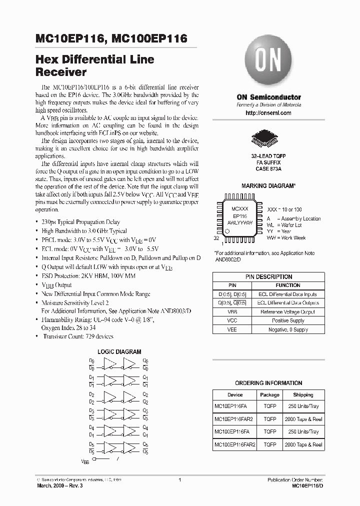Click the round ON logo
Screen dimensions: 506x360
point(268,64)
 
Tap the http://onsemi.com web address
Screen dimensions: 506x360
point(268,113)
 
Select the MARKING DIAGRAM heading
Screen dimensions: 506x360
point(268,185)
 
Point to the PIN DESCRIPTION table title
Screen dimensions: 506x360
point(268,276)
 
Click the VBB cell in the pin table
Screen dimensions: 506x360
point(232,311)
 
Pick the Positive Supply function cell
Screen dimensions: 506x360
point(287,320)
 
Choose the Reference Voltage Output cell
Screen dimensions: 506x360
point(287,311)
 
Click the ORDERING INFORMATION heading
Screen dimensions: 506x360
point(268,382)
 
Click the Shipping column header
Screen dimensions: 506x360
point(303,395)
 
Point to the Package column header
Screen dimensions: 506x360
point(269,395)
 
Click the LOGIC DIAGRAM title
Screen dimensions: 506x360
point(119,352)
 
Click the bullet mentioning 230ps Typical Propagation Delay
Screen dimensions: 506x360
point(80,222)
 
